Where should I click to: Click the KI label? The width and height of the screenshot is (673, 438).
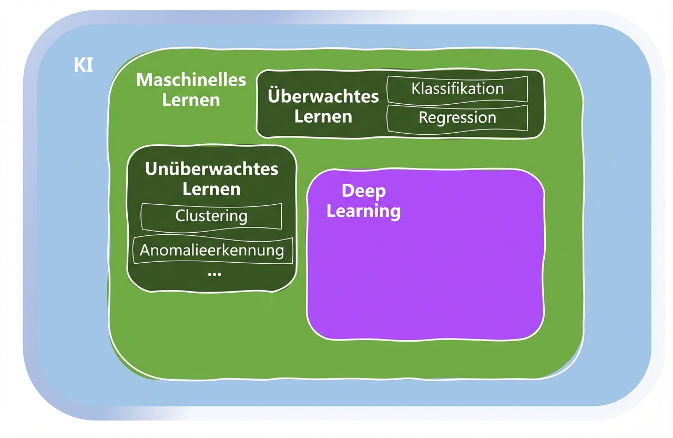click(x=84, y=65)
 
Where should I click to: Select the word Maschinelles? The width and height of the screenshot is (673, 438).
click(x=191, y=80)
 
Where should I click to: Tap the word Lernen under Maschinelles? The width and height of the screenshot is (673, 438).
click(x=191, y=99)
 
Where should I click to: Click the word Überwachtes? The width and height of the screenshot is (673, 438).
click(x=323, y=96)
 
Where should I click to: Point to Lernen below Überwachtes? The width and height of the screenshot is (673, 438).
click(x=323, y=116)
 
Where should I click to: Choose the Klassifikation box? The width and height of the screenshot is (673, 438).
click(x=457, y=89)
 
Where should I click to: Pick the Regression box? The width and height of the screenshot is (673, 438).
click(x=457, y=118)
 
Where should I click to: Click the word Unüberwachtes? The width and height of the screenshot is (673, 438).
click(x=211, y=169)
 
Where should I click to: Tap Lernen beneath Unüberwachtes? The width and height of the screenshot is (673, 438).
click(x=211, y=188)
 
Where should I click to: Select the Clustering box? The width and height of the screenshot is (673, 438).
click(x=211, y=216)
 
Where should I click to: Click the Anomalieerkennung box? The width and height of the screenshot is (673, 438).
click(x=211, y=250)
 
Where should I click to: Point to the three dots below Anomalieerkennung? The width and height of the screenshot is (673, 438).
click(x=214, y=274)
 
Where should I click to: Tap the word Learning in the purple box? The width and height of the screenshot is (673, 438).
click(x=363, y=211)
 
